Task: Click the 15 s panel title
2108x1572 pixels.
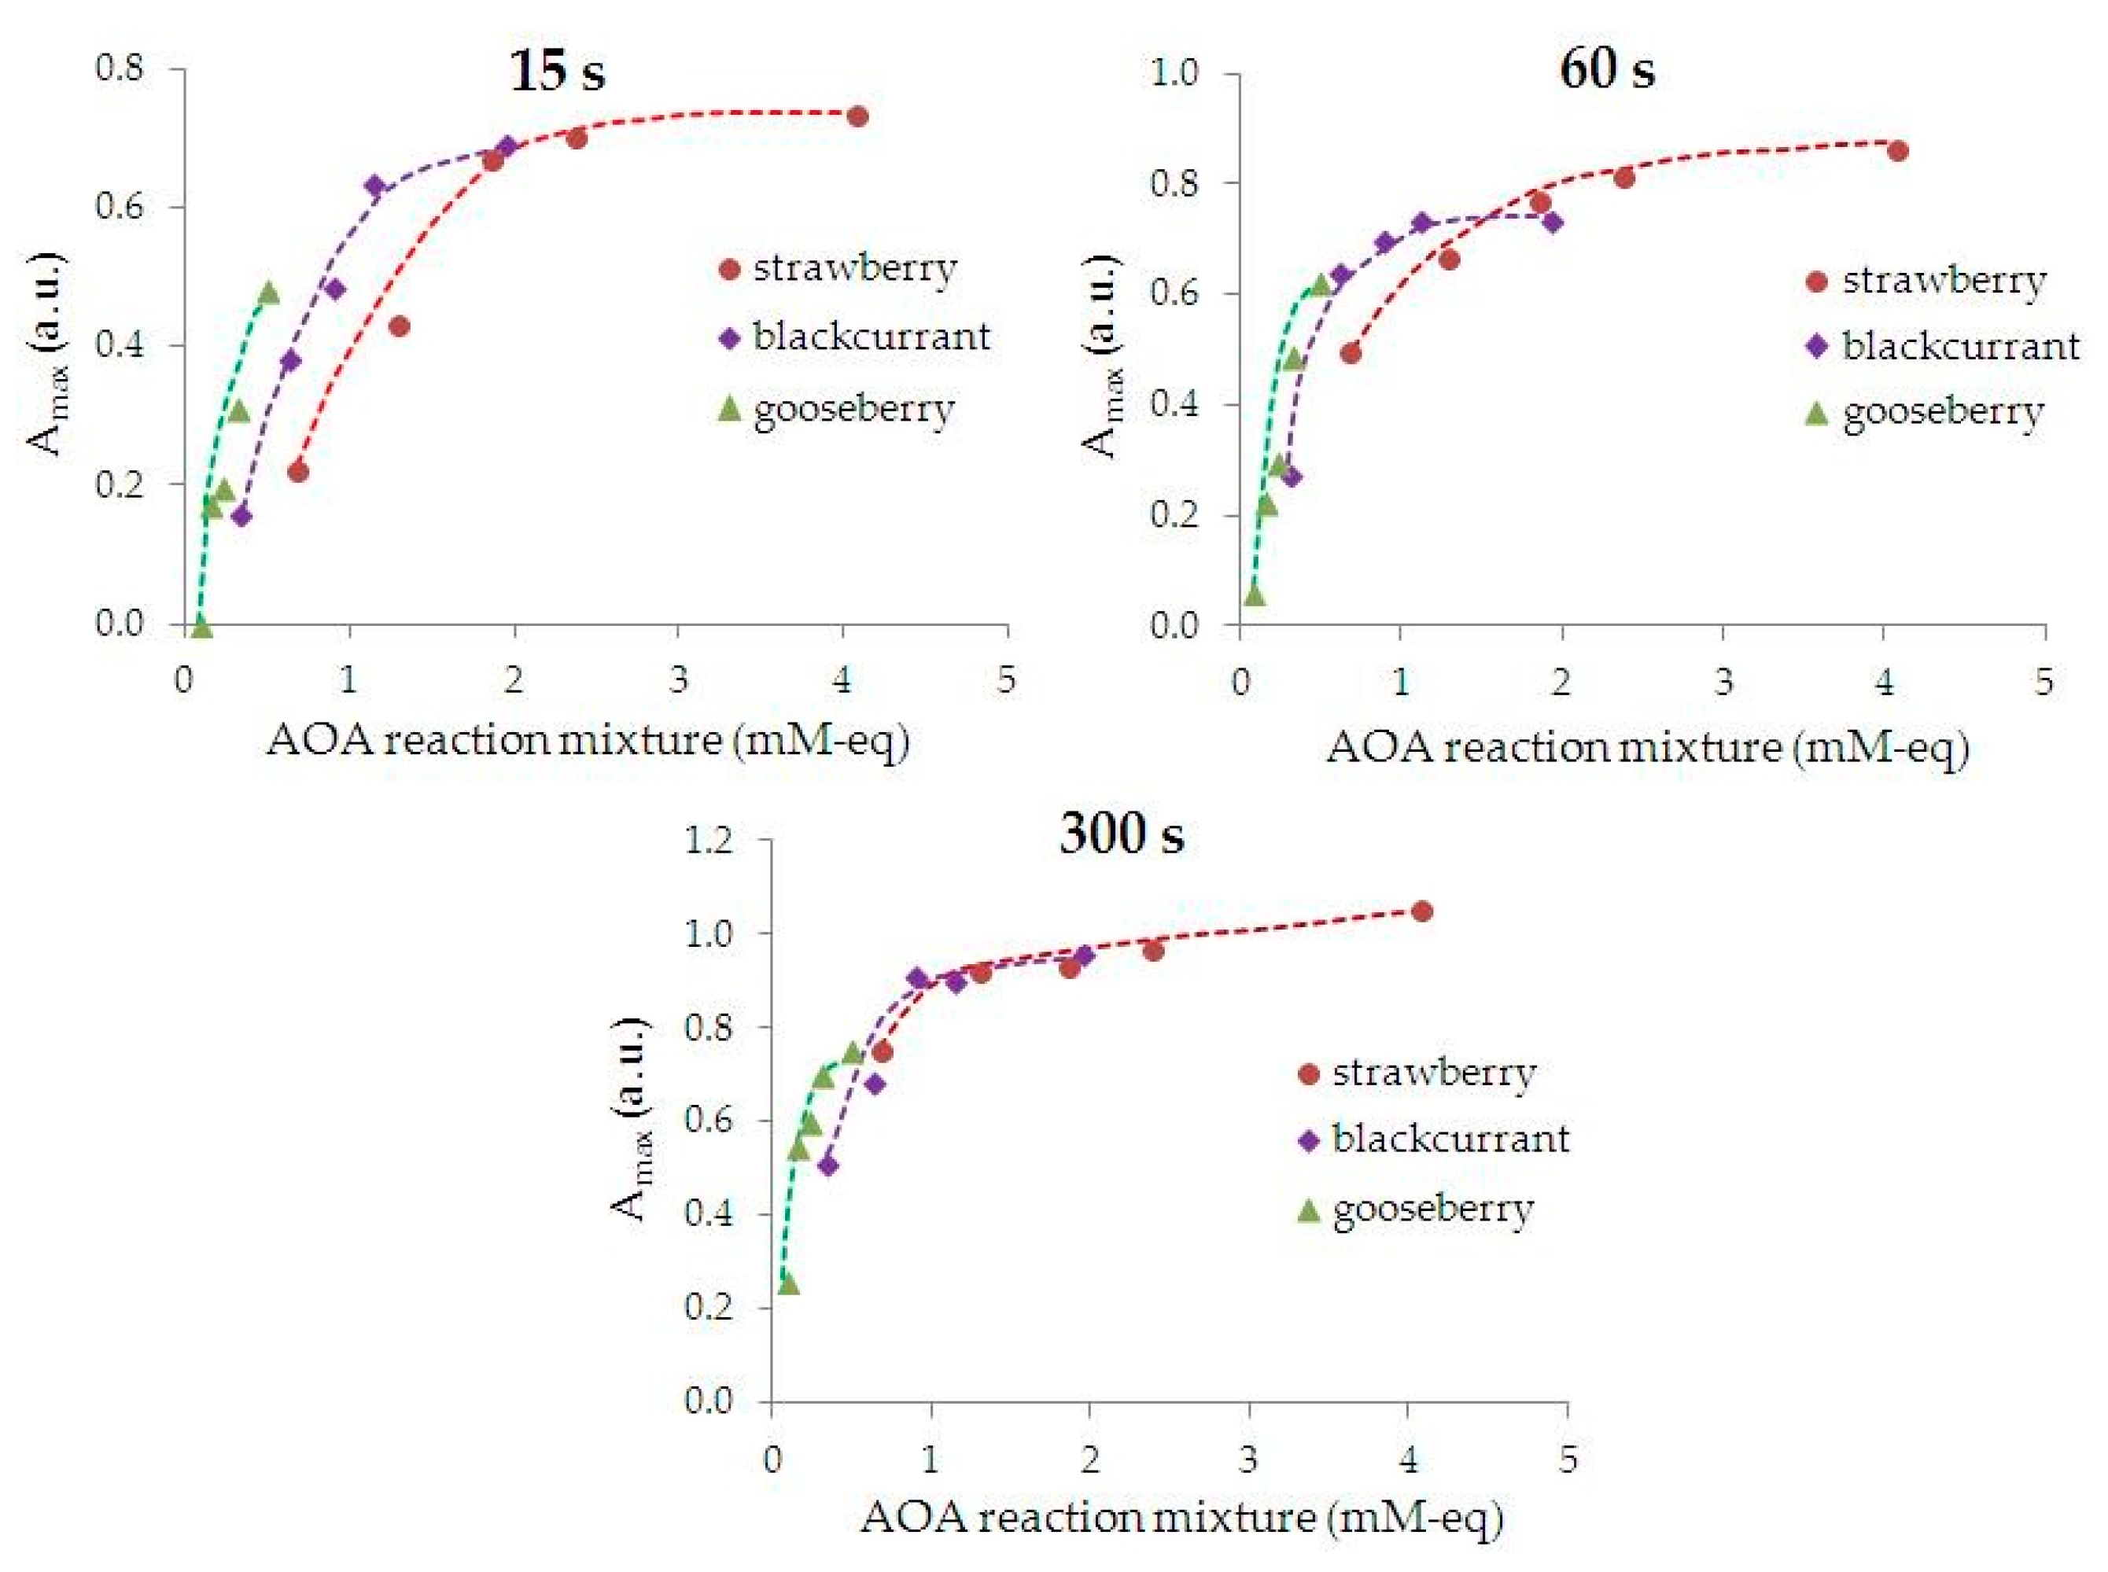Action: point(557,72)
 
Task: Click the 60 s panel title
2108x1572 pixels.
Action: point(1606,69)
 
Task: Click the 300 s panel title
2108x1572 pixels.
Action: point(1122,835)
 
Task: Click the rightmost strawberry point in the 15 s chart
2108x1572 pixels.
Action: point(857,116)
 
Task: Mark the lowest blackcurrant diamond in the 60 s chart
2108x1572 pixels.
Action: point(1292,476)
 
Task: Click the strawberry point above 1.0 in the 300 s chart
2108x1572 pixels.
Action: point(1422,911)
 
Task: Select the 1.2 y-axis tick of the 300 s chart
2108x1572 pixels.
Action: point(709,841)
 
